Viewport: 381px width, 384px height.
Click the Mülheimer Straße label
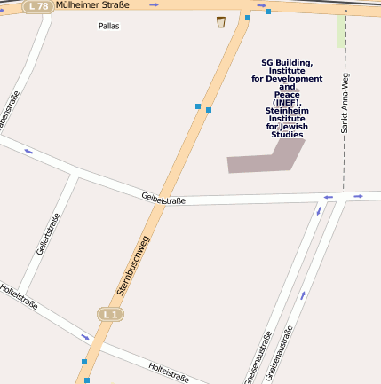coord(92,5)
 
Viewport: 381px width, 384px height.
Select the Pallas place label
coord(108,26)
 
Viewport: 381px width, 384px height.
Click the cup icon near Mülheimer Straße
coord(220,21)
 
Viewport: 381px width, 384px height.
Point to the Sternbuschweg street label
coord(133,265)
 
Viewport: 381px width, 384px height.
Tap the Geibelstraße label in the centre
coord(163,200)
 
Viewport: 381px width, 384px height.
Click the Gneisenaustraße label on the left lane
coord(258,357)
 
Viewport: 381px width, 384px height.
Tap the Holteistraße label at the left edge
coord(18,295)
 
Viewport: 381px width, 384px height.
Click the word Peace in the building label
coord(287,95)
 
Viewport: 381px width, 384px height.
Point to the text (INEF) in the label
coord(286,103)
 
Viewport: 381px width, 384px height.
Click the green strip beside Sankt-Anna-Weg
coord(341,31)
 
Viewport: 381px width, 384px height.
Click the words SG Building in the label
coord(286,62)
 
